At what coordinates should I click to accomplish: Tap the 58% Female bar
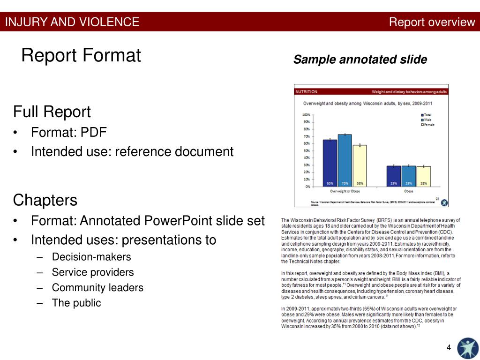coord(360,165)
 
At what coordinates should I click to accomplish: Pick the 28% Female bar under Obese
coord(423,176)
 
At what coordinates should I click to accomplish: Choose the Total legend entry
coord(427,115)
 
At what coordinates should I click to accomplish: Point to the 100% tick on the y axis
coord(306,114)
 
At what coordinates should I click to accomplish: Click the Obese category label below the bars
coord(409,191)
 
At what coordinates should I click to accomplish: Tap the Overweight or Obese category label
coord(345,191)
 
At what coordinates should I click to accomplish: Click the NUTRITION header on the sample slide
coord(306,91)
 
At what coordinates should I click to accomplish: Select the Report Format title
coord(81,56)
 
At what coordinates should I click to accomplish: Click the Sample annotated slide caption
coord(360,60)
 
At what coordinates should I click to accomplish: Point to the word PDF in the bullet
coord(94,132)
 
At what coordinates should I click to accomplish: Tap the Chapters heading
coord(45,200)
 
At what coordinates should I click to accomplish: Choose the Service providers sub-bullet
coord(93,272)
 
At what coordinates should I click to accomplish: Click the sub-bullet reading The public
coord(76,303)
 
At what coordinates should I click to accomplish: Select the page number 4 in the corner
coord(449,347)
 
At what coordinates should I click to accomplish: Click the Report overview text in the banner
coord(432,22)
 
